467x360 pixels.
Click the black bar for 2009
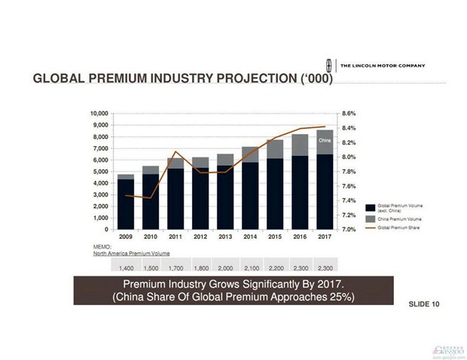coord(126,203)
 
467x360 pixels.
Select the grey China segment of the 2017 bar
coord(324,142)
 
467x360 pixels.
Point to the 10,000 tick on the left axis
coord(99,113)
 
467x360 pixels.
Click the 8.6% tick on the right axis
coord(349,113)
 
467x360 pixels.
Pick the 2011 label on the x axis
coord(176,236)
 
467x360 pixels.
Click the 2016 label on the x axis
coord(299,236)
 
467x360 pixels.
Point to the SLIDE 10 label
coord(423,304)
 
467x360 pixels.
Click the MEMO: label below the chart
coord(100,246)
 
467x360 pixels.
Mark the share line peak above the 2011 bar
coord(176,152)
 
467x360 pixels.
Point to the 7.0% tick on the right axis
coord(349,230)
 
